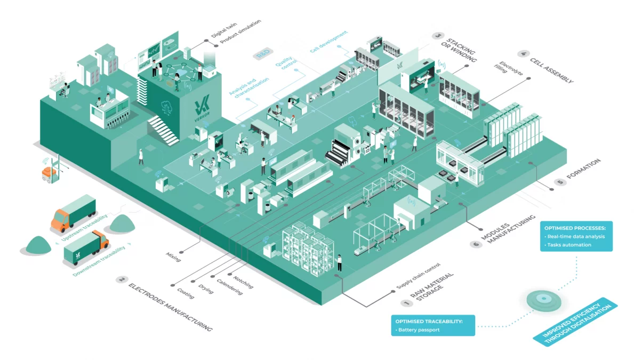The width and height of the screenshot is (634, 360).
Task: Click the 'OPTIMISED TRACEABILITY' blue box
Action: click(x=433, y=324)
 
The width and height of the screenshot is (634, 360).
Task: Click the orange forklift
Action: click(x=49, y=171)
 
